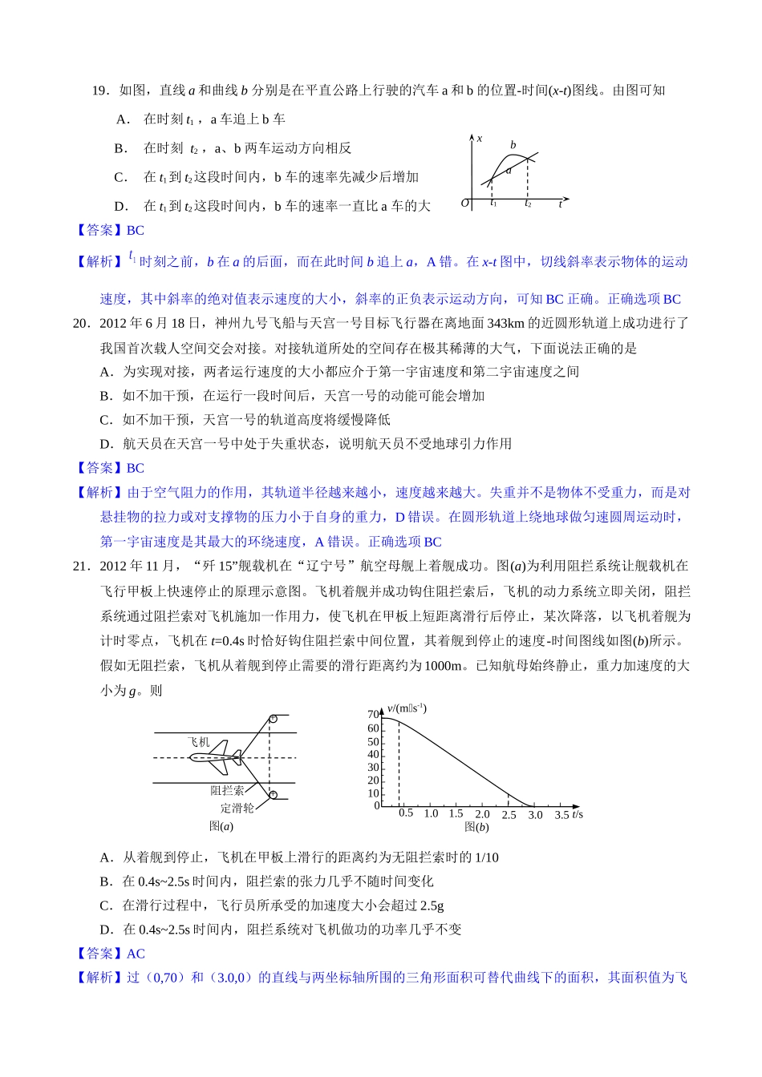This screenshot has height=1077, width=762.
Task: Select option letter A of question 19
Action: click(x=122, y=119)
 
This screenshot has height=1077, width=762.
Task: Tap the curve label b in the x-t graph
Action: click(x=513, y=145)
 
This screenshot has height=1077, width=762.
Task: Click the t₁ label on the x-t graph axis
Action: click(x=493, y=204)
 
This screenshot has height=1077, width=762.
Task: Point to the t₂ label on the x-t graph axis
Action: click(x=528, y=204)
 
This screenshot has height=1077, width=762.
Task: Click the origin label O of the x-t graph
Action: click(x=464, y=204)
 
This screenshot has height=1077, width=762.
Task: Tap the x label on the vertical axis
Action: click(x=480, y=139)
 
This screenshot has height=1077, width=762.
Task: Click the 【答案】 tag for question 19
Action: click(x=99, y=231)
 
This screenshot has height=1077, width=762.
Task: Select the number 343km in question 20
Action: click(x=505, y=323)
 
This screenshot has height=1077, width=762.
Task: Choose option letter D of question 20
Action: click(x=106, y=444)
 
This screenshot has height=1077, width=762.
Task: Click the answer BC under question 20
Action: click(x=136, y=469)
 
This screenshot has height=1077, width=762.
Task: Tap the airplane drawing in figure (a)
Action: click(x=214, y=757)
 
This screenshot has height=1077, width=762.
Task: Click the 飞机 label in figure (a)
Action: click(x=198, y=742)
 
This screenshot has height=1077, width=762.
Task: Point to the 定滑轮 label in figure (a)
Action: click(x=237, y=809)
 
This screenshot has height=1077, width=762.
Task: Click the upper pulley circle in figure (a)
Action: click(x=273, y=719)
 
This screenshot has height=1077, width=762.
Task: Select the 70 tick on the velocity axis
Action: click(x=373, y=715)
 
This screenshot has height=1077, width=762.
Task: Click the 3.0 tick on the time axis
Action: click(x=535, y=815)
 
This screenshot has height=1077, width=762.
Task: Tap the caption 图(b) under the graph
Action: click(x=476, y=827)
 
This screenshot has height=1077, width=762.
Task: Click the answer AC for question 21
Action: click(x=136, y=954)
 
